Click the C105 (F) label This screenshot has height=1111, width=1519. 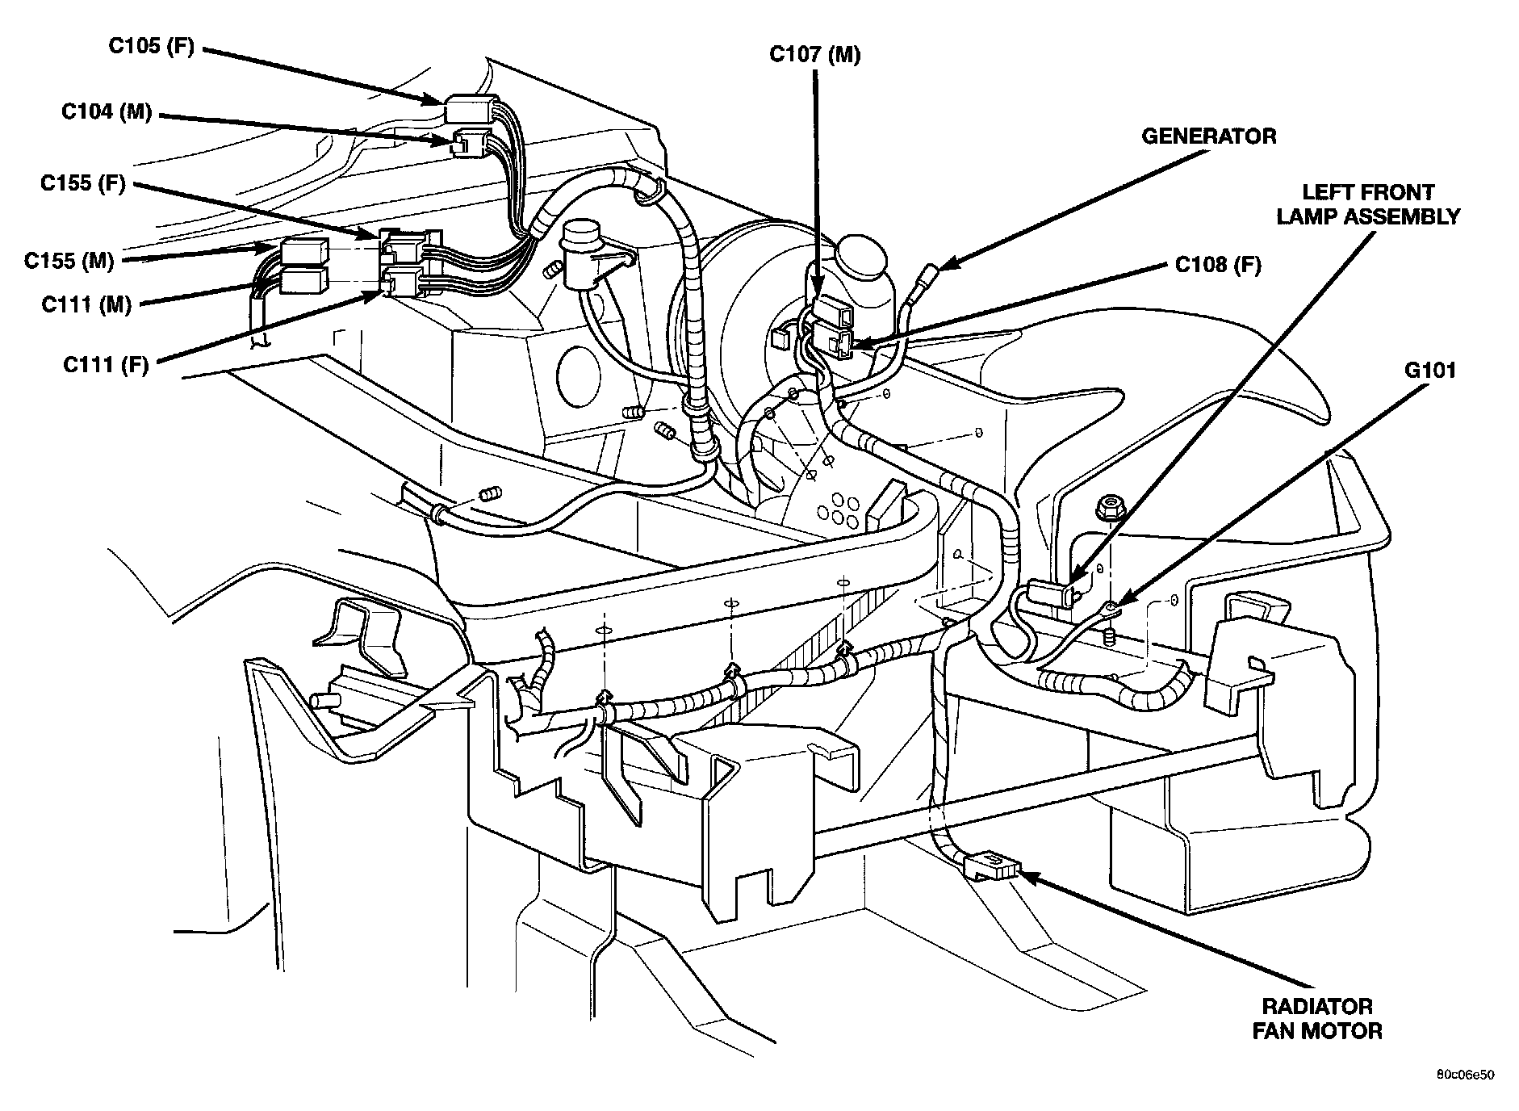pyautogui.click(x=151, y=47)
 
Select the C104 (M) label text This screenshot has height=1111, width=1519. pyautogui.click(x=107, y=111)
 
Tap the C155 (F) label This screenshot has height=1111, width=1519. pyautogui.click(x=83, y=184)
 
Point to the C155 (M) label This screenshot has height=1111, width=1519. pyautogui.click(x=69, y=261)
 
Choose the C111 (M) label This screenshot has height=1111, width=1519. pyautogui.click(x=86, y=304)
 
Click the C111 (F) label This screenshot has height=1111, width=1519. pyautogui.click(x=106, y=365)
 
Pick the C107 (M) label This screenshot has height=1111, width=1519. pyautogui.click(x=814, y=54)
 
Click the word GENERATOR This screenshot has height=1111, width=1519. pyautogui.click(x=1208, y=136)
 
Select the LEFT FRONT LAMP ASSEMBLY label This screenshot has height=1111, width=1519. pyautogui.click(x=1367, y=204)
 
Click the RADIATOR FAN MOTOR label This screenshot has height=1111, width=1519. pyautogui.click(x=1316, y=1018)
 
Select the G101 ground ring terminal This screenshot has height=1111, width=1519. pyautogui.click(x=1111, y=606)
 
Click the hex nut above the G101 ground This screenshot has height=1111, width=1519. pyautogui.click(x=1104, y=509)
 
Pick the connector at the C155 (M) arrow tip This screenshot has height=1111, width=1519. pyautogui.click(x=303, y=251)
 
